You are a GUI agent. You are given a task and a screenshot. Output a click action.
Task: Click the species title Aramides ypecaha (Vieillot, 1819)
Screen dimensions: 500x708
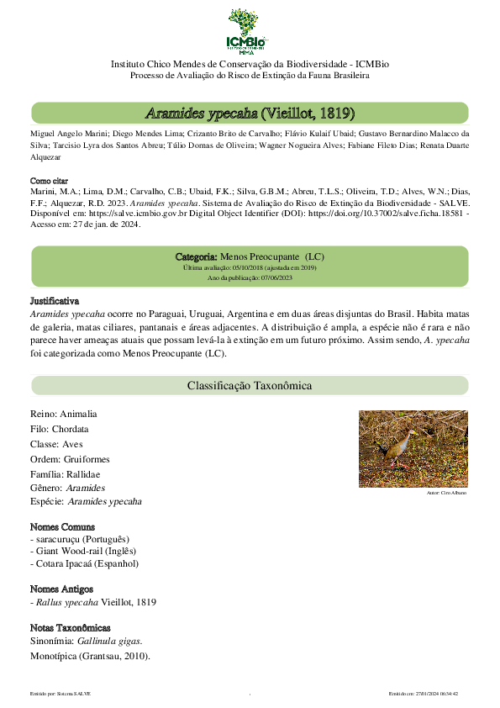point(250,113)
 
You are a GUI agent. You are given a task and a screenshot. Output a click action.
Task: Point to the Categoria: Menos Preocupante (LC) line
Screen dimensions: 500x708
point(250,256)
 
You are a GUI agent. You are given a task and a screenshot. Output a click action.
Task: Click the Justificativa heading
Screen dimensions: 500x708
point(55,300)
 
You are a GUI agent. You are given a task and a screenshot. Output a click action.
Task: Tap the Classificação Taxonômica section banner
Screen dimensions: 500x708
point(250,386)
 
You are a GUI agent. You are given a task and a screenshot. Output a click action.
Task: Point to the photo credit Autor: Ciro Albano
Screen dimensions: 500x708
point(446,492)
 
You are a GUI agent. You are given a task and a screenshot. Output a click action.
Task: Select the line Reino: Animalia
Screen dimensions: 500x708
point(64,415)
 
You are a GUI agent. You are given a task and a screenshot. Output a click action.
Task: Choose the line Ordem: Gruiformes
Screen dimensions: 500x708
point(70,459)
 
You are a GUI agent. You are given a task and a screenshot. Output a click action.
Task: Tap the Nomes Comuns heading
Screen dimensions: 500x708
point(61,526)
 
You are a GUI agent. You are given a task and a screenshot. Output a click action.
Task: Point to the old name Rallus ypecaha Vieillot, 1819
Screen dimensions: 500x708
point(95,602)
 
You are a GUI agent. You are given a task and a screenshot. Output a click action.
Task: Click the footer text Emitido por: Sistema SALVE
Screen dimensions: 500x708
point(61,694)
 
